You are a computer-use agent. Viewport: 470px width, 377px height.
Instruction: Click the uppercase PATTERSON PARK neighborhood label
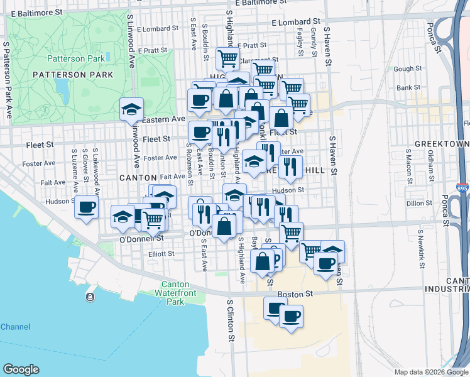[73, 75]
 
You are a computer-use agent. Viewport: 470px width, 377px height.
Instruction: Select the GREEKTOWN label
[447, 144]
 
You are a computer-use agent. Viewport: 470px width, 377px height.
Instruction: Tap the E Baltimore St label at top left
[38, 12]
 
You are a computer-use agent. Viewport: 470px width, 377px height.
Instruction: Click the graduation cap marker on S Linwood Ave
[132, 109]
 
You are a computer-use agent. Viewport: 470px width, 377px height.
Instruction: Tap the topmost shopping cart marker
[227, 58]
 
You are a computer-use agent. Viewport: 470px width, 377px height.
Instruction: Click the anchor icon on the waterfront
[91, 297]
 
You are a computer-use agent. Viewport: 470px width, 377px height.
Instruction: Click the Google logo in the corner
[21, 369]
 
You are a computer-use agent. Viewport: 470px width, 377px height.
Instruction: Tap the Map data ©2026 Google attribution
[430, 372]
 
